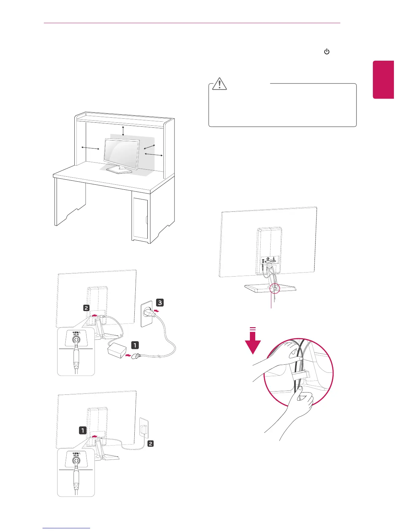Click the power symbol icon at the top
[327, 52]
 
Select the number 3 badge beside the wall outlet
[160, 303]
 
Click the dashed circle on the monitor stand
[274, 288]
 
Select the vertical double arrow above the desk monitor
[123, 131]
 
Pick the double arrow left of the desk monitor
[90, 148]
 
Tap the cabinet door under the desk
[140, 218]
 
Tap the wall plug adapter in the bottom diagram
[143, 429]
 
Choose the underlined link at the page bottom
[67, 528]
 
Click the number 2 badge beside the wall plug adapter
[150, 444]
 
